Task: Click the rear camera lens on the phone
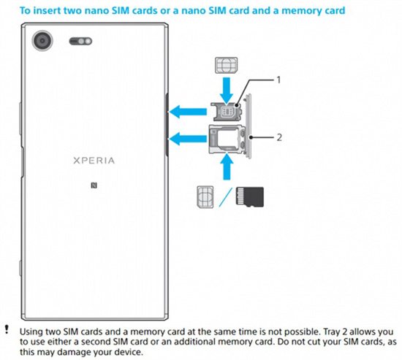[42, 41]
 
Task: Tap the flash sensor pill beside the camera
[80, 41]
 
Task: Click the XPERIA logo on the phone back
[94, 161]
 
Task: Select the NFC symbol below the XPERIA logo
[94, 185]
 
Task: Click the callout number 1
[278, 80]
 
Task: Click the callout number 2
[279, 137]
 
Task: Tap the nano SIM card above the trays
[226, 65]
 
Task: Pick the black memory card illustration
[250, 197]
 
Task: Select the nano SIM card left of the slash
[205, 196]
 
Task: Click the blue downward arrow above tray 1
[227, 91]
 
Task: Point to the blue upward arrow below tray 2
[227, 166]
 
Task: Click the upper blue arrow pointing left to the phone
[188, 112]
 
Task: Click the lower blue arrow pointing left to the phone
[188, 139]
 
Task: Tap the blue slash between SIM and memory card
[226, 197]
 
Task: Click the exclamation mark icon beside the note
[7, 329]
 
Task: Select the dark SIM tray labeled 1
[227, 111]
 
